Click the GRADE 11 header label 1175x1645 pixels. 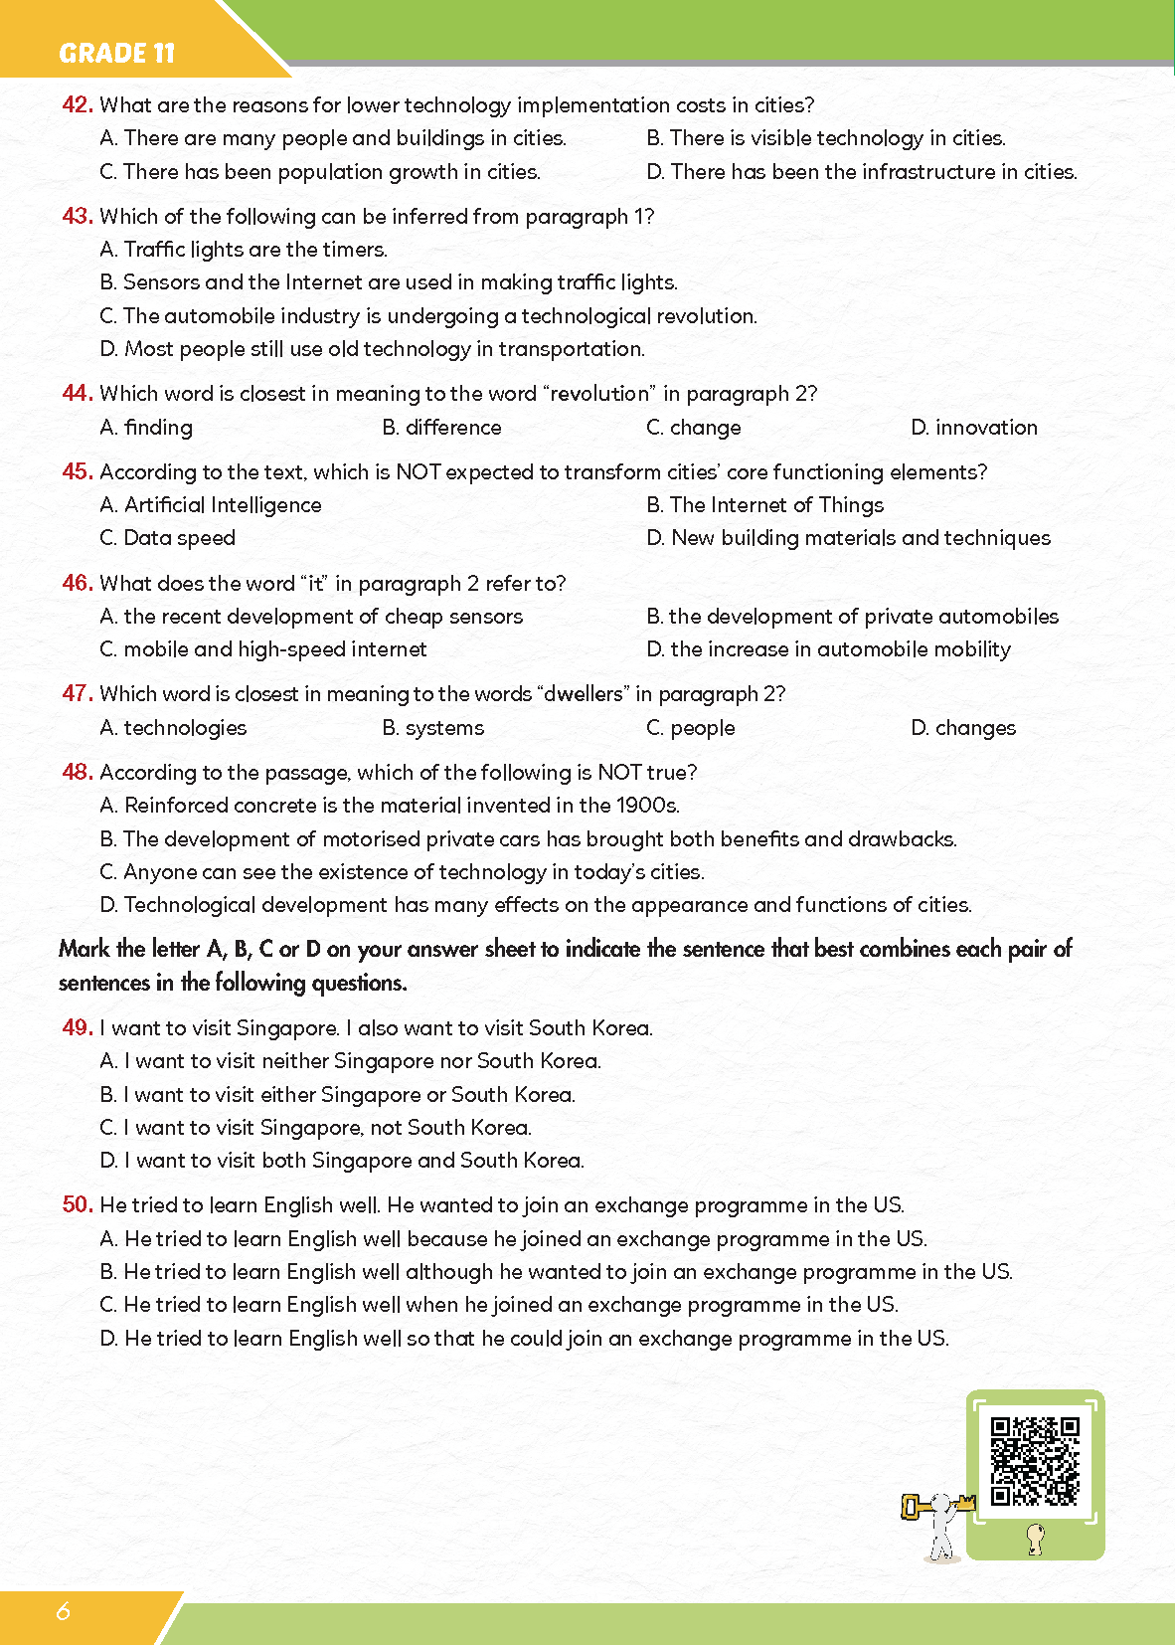coord(116,53)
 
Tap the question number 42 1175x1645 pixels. coord(77,105)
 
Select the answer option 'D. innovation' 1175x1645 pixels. coord(973,428)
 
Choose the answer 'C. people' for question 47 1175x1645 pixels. coord(690,728)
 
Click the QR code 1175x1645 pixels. coord(1035,1460)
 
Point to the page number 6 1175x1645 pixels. coord(64,1611)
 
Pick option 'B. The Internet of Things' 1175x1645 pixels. coord(764,505)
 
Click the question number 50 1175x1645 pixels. coord(77,1205)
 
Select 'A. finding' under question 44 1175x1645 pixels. coord(146,428)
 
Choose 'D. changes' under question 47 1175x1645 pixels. coord(962,728)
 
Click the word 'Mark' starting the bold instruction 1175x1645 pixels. coord(84,949)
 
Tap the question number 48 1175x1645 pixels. coord(77,773)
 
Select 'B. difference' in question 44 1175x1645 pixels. coord(441,428)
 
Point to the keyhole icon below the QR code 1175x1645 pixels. coord(1035,1539)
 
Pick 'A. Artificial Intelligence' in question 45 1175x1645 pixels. coord(211,505)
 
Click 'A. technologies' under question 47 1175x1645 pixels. coord(173,728)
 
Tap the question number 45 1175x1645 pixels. coord(77,472)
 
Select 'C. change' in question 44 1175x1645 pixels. coord(693,428)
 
